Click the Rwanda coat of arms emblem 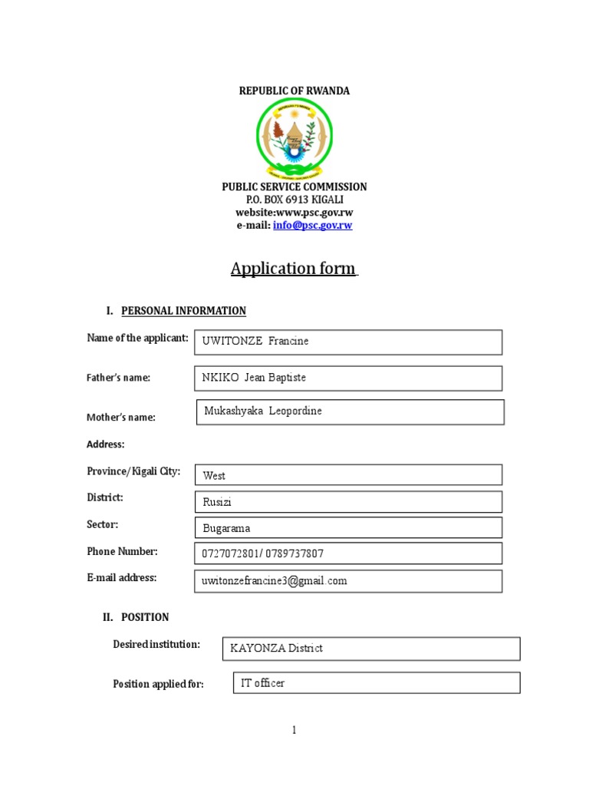point(294,138)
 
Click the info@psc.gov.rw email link point(312,226)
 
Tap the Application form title point(294,269)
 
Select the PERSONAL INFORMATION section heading point(183,311)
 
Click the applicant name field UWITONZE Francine point(348,342)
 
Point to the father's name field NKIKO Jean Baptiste point(348,378)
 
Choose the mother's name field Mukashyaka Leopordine point(350,412)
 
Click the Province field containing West point(348,475)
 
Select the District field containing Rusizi point(348,502)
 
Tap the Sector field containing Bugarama point(348,528)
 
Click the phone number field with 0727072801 point(348,553)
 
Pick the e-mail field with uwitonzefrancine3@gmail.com point(348,581)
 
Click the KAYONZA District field point(370,649)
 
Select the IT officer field point(376,683)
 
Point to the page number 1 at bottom point(294,731)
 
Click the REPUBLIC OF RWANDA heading point(294,91)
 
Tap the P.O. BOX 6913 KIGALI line point(294,200)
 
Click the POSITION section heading point(145,617)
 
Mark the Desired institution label point(156,645)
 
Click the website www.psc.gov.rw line point(294,213)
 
